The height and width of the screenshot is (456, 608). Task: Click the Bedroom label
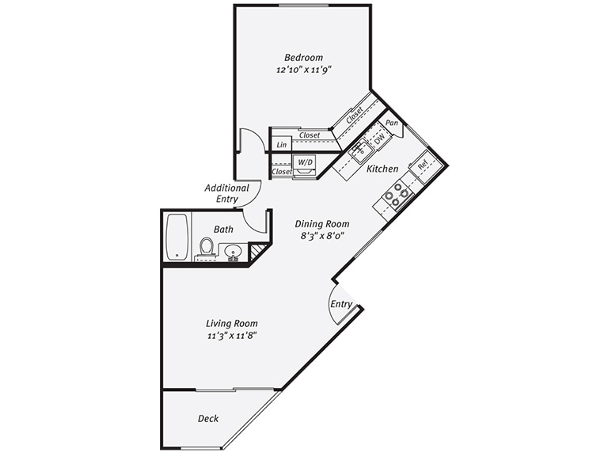pos(304,57)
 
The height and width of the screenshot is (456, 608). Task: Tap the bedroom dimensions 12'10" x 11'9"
pos(303,70)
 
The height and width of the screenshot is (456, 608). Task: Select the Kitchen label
pos(382,169)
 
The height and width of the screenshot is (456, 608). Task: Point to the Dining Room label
pos(321,224)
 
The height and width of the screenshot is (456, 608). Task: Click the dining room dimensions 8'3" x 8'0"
pos(321,236)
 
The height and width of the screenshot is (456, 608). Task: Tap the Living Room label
pos(232,323)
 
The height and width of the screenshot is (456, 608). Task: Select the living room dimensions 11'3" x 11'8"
pos(232,336)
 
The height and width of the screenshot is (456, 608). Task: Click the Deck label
pos(208,418)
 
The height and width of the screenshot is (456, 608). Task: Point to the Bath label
pos(223,230)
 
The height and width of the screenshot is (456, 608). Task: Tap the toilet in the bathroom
pos(207,248)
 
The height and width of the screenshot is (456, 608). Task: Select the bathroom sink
pos(233,253)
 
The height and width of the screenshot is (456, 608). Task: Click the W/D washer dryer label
pos(305,162)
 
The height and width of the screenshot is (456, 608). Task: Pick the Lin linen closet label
pos(281,145)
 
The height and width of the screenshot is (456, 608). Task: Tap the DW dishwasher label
pos(379,139)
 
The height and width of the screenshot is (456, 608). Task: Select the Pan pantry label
pos(392,123)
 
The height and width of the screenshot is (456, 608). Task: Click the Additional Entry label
pos(226,193)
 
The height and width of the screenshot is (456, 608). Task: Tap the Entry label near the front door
pos(341,304)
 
